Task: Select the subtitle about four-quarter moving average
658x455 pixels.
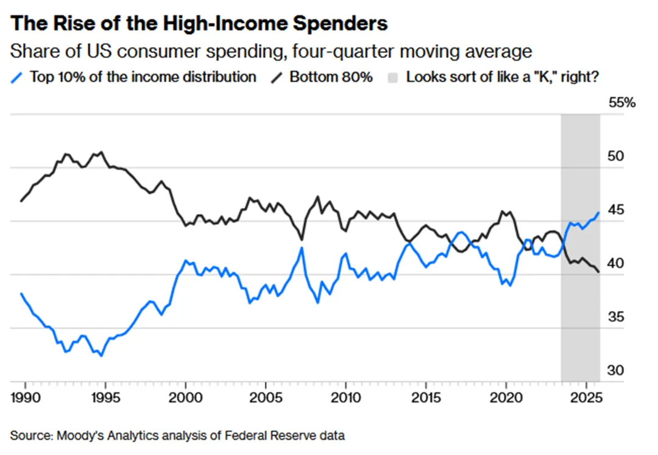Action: click(270, 52)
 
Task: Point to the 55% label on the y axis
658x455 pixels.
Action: click(622, 102)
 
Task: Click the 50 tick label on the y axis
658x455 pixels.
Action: click(616, 156)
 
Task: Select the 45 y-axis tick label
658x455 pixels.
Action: click(616, 210)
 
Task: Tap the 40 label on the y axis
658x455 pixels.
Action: click(616, 263)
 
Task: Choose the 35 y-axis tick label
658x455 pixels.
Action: click(616, 317)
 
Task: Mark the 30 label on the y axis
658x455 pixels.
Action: click(616, 370)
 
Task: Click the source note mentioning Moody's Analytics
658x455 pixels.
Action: click(177, 436)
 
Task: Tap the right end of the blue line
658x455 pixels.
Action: click(599, 213)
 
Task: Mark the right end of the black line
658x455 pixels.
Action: click(599, 272)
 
